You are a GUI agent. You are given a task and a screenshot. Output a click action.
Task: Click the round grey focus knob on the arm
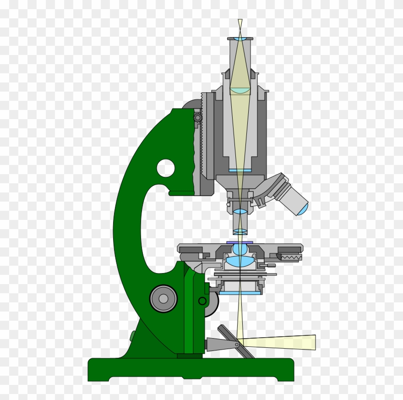click(x=163, y=299)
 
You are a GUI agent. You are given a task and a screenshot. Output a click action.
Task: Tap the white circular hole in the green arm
click(x=166, y=168)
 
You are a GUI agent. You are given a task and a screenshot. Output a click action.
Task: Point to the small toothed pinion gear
click(x=198, y=118)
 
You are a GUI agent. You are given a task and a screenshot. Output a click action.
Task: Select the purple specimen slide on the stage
click(x=240, y=241)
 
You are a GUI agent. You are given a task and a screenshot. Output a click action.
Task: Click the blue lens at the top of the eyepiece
click(x=240, y=39)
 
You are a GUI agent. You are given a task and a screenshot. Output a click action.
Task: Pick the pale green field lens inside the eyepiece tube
click(x=240, y=91)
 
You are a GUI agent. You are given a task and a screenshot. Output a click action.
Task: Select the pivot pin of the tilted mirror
click(x=237, y=344)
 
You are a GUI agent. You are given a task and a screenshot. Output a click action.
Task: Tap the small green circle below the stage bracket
click(x=202, y=301)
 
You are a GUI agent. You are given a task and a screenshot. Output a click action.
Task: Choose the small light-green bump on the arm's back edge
click(x=132, y=337)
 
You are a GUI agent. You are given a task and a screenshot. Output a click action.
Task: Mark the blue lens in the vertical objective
click(x=240, y=212)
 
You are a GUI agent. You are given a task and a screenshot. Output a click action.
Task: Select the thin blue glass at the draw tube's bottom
click(x=240, y=170)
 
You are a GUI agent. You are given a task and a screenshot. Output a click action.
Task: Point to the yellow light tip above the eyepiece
click(x=240, y=24)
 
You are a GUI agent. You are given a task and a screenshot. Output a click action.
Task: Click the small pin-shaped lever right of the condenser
click(x=271, y=265)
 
